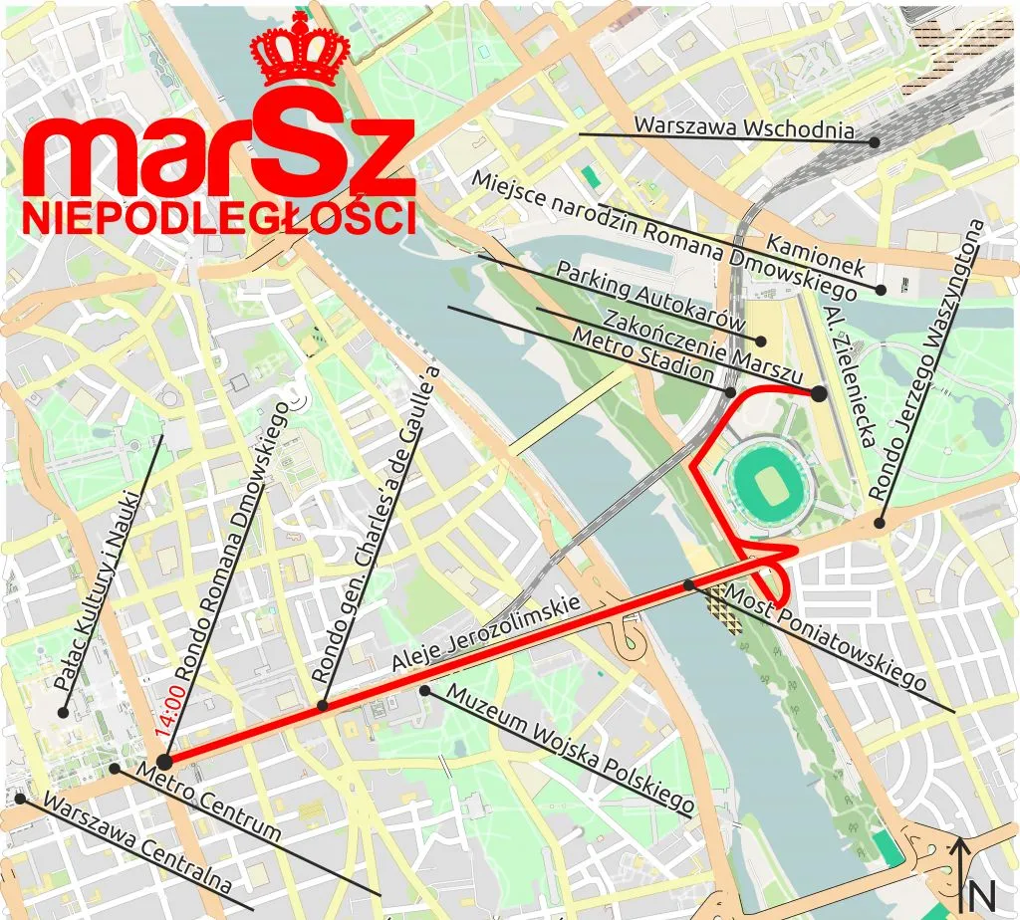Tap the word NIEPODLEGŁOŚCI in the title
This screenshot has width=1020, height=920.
219,217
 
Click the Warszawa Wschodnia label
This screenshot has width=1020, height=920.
745,128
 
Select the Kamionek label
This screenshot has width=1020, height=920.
816,255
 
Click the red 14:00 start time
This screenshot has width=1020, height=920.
169,707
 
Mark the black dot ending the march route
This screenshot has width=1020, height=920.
819,393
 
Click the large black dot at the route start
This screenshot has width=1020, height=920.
165,762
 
